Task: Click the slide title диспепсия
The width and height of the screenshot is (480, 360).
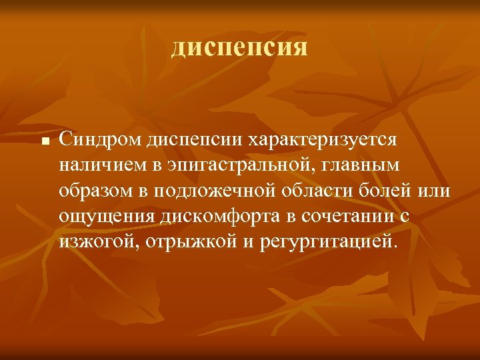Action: (239, 47)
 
